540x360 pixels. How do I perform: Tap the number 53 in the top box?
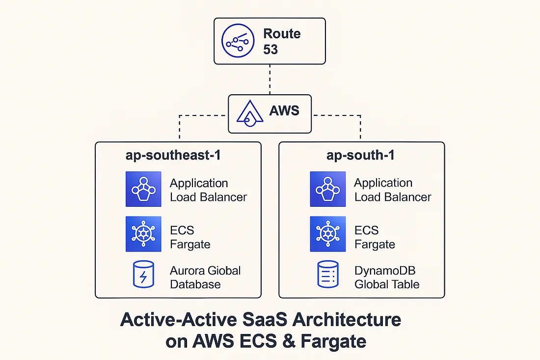click(270, 50)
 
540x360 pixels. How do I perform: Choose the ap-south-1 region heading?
click(361, 156)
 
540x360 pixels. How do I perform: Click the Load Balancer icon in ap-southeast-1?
click(143, 189)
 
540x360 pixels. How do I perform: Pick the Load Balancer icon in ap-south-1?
click(328, 189)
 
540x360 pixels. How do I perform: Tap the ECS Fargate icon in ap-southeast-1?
click(143, 234)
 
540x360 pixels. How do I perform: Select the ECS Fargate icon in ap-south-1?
click(328, 234)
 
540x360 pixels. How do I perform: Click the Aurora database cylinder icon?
click(143, 275)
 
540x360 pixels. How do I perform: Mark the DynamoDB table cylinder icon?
click(328, 275)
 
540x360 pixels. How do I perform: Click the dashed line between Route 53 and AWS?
click(270, 80)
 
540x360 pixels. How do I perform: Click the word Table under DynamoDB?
click(405, 284)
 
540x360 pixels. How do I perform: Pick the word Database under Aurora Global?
click(195, 284)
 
